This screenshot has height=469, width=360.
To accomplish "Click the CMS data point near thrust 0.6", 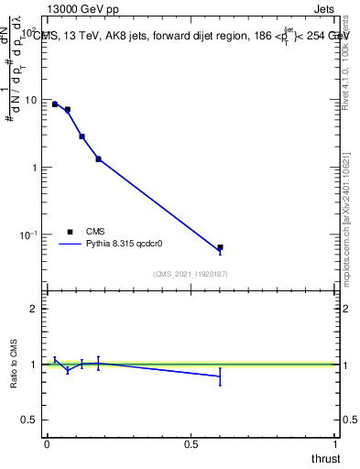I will pos(220,247).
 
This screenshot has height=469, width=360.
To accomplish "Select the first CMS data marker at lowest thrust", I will pos(55,104).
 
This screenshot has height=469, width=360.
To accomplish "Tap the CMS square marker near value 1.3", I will pos(98,159).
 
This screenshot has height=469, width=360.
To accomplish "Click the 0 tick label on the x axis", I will pos(47,443).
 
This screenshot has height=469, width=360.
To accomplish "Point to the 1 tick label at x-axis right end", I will pos(336,443).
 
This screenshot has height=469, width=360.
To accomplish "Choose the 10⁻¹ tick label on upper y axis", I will pos(27,235).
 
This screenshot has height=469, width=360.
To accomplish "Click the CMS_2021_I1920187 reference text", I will pos(191,274).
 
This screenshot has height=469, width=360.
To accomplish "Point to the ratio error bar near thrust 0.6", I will pos(220,376).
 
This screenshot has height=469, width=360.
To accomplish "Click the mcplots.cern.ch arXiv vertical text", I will pos(352,220).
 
